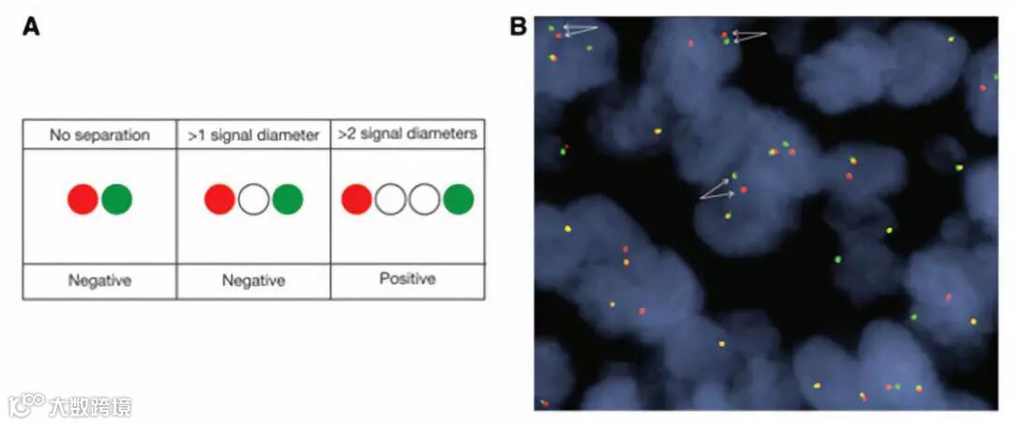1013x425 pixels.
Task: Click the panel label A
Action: (31, 26)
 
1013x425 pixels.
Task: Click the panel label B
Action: (518, 26)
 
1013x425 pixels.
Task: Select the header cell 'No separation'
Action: (99, 135)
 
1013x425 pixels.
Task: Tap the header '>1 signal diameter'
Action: (253, 135)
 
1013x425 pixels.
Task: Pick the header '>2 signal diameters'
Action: (407, 134)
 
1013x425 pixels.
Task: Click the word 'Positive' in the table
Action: (407, 279)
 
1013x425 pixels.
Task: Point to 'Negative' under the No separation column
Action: (99, 280)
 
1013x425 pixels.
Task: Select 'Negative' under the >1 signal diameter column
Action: (253, 280)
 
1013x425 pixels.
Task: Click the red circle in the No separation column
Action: (83, 199)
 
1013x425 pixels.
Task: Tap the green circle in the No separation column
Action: (116, 199)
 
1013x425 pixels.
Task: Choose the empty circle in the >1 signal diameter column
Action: (253, 199)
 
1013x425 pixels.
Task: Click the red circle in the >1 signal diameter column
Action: (219, 199)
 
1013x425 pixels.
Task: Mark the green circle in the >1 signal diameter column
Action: (287, 199)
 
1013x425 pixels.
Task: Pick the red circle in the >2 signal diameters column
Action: (356, 199)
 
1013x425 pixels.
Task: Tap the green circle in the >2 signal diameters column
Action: (459, 199)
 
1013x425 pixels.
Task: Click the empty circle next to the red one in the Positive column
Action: (390, 199)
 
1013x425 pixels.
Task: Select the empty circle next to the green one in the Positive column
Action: (425, 199)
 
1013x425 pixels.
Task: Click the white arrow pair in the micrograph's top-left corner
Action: (582, 30)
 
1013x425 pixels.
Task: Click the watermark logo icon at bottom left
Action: (26, 404)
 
